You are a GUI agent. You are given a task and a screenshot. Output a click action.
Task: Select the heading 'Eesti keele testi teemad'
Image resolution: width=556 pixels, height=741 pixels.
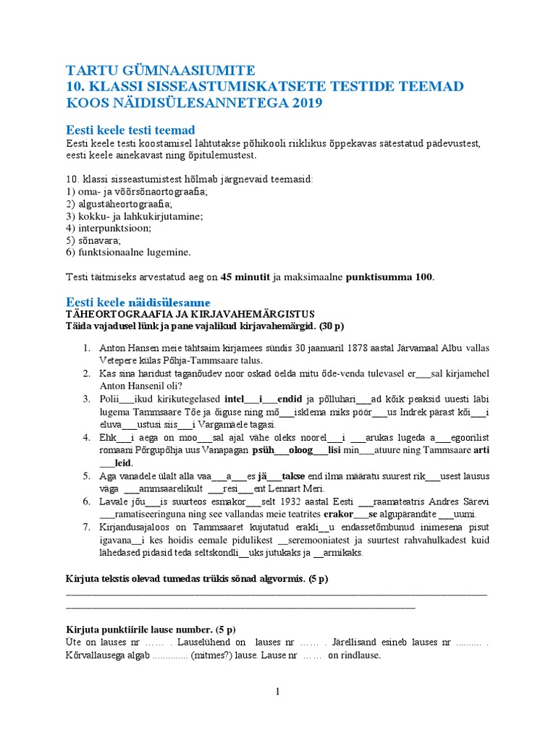click(x=130, y=130)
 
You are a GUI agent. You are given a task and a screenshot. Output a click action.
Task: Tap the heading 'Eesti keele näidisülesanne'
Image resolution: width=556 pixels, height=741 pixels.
click(x=138, y=301)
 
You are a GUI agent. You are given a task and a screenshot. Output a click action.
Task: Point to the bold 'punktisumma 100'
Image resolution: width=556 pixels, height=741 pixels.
click(x=389, y=277)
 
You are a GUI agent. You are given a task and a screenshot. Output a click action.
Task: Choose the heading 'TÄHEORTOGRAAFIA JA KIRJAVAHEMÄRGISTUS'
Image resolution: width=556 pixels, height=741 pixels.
click(x=190, y=314)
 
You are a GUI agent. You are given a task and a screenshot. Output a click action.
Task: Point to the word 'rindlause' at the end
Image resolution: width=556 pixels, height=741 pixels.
click(x=355, y=656)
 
